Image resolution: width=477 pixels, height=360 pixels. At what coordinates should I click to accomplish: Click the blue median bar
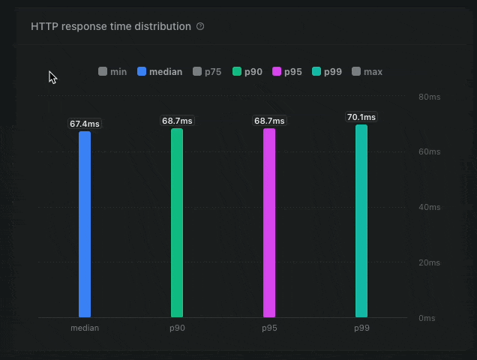click(x=85, y=224)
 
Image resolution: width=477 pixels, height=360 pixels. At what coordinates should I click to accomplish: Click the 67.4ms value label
click(x=85, y=124)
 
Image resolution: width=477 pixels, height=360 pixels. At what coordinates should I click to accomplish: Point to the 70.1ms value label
click(x=361, y=117)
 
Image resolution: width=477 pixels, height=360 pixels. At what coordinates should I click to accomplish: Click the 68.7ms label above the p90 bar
click(x=177, y=121)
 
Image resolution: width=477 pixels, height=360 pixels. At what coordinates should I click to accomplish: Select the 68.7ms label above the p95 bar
click(x=269, y=121)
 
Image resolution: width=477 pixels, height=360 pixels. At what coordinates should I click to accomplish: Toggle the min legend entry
click(x=112, y=72)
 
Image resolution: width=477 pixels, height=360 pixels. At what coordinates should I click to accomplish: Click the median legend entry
click(x=160, y=72)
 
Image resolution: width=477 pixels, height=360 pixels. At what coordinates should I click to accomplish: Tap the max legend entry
click(x=367, y=72)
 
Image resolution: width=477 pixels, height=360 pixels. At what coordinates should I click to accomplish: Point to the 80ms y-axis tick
click(x=429, y=97)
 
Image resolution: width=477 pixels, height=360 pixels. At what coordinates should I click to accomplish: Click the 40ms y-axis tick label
click(x=429, y=207)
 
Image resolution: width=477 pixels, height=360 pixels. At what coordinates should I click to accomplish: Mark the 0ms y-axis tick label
click(x=427, y=318)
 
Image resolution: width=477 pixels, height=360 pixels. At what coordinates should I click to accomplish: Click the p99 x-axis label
click(x=361, y=328)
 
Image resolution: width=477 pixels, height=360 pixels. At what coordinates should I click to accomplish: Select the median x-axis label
click(x=85, y=328)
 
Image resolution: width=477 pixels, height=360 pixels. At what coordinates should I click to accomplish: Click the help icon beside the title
click(x=200, y=26)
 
